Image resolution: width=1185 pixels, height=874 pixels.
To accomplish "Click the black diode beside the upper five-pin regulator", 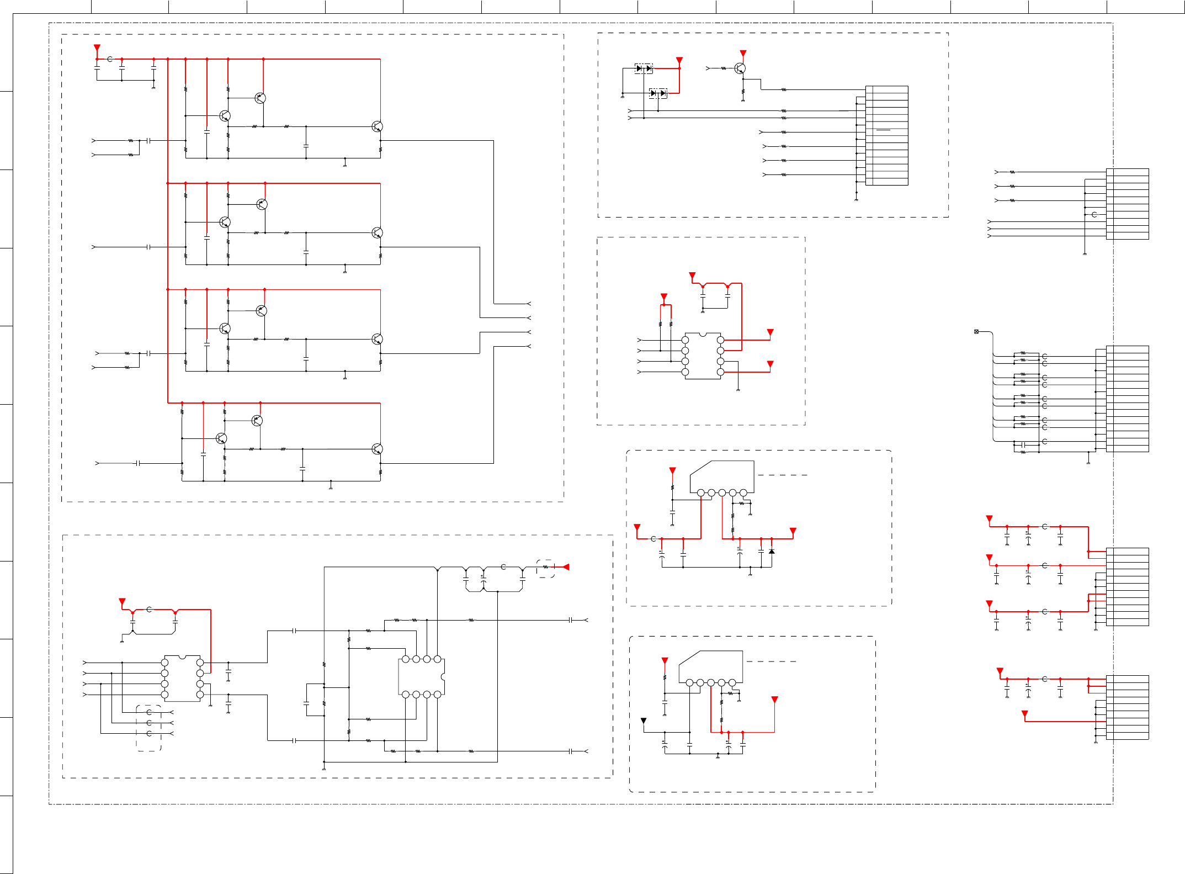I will point(772,551).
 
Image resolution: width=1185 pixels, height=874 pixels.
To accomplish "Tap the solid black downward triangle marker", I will point(644,721).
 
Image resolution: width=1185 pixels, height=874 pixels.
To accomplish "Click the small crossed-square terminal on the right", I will point(976,331).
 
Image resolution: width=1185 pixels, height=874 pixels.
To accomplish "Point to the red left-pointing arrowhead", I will point(565,567).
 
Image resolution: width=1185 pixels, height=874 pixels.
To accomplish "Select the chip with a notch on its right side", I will point(422,677).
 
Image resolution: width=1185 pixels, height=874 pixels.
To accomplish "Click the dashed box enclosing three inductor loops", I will point(149,728).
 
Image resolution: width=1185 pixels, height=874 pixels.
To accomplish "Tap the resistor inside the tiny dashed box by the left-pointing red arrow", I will point(546,567).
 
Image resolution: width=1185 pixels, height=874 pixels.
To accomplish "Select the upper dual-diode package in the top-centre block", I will point(644,68).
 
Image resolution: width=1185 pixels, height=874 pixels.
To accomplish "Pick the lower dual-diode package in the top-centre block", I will point(658,93).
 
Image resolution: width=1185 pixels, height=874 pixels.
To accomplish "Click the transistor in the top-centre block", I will point(740,68).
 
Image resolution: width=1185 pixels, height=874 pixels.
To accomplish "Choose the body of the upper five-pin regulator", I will point(722,476).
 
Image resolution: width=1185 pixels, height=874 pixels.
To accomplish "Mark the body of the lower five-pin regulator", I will point(711,666).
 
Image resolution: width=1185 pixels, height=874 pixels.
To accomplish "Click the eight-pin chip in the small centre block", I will point(703,356).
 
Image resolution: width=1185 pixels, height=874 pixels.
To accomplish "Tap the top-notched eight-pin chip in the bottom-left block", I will point(182,679).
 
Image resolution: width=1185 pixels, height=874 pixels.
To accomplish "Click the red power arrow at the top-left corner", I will point(97,48).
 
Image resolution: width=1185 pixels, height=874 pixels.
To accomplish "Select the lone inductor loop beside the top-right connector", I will point(1094,214).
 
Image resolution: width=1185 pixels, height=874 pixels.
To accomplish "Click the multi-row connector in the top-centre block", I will point(886,135).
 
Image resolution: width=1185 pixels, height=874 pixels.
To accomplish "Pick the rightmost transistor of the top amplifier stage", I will point(377,126).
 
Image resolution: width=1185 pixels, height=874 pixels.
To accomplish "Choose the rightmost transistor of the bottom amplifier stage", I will point(377,449).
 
